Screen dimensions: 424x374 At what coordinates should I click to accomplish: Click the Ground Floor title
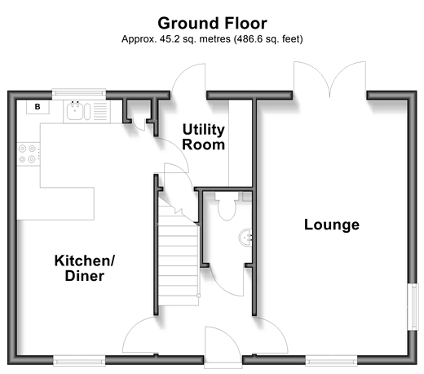click(x=212, y=24)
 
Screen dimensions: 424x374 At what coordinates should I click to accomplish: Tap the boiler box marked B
click(x=38, y=107)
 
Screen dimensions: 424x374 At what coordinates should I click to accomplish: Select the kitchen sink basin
click(x=75, y=111)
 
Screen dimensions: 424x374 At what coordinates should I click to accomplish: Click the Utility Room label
click(x=204, y=137)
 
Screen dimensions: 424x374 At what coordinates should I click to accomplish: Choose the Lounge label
click(x=332, y=225)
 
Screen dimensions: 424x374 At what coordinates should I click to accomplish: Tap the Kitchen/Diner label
click(x=85, y=268)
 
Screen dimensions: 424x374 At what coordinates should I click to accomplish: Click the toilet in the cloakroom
click(x=227, y=206)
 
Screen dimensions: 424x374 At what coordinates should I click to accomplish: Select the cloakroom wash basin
click(x=245, y=238)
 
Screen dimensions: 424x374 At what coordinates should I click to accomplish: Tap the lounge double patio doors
click(x=329, y=79)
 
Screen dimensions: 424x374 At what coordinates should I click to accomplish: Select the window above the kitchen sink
click(x=79, y=92)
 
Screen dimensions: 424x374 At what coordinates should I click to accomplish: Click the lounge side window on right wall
click(x=413, y=307)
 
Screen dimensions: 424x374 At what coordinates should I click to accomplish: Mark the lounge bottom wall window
click(x=331, y=361)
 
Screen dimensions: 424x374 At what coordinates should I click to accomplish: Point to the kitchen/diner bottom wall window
click(x=79, y=361)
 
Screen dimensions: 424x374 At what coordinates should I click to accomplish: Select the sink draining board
click(x=100, y=111)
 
